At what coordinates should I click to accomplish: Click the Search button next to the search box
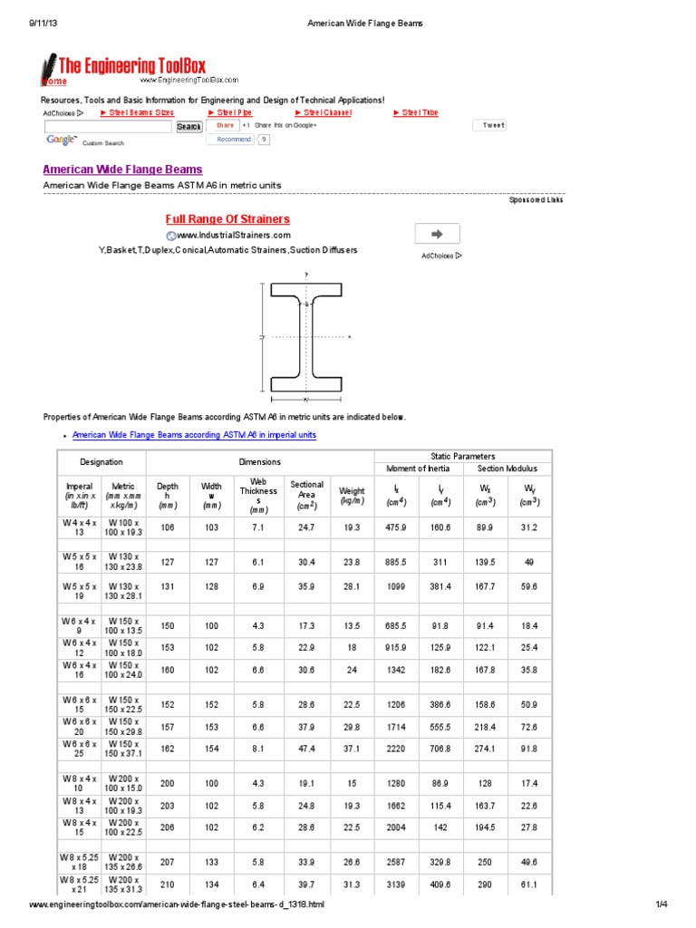click(188, 127)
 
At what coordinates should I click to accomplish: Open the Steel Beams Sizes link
click(137, 112)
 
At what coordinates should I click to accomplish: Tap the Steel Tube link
click(416, 112)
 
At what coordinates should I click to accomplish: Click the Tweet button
click(493, 125)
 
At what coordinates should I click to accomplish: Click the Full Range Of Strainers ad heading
click(227, 219)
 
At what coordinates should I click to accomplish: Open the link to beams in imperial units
click(194, 435)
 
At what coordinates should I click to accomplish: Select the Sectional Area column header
click(306, 495)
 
